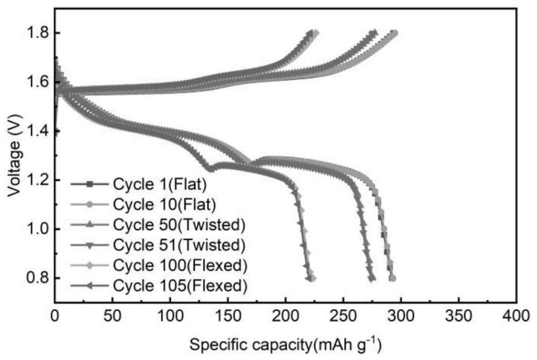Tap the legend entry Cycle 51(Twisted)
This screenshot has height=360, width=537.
pos(179,245)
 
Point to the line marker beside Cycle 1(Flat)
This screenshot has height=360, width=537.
pos(90,184)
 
